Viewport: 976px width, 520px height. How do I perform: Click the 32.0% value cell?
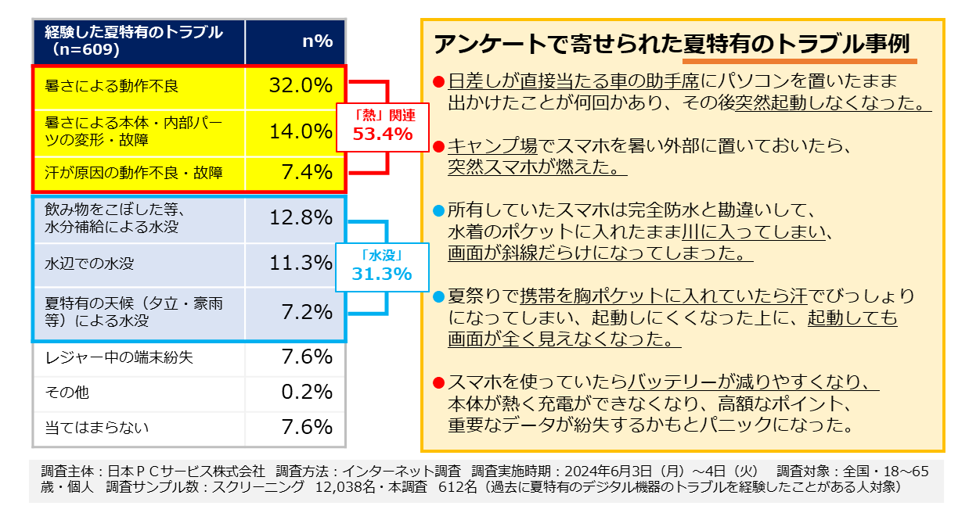click(301, 86)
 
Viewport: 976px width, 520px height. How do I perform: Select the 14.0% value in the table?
click(301, 131)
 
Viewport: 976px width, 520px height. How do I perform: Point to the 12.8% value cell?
click(301, 218)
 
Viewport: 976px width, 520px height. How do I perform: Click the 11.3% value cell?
click(301, 264)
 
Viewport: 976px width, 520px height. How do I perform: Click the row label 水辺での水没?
click(89, 264)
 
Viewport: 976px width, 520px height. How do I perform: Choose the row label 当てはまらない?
click(97, 428)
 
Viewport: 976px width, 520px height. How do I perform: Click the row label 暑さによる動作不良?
click(112, 86)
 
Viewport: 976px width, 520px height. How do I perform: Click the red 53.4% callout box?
click(383, 126)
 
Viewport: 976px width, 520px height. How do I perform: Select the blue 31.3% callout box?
click(382, 266)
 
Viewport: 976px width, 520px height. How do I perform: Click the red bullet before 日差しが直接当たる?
click(439, 81)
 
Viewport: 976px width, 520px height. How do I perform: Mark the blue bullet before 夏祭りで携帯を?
click(439, 297)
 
